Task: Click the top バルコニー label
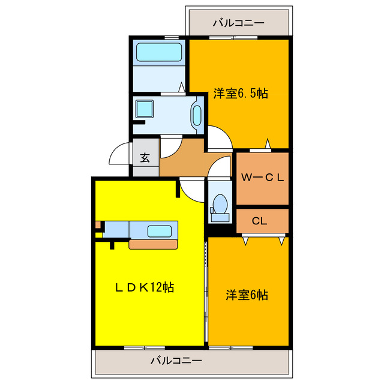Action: point(238,23)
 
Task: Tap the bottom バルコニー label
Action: point(176,361)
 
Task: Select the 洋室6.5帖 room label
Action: point(240,93)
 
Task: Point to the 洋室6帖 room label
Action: point(247,295)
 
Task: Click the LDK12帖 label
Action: point(145,287)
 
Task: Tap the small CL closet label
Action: point(259,221)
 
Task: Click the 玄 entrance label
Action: point(145,158)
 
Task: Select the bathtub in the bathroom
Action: point(158,52)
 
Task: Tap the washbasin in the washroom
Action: point(196,113)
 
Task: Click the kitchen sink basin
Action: point(160,230)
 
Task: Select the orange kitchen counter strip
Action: point(154,244)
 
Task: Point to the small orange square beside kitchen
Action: point(97,225)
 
